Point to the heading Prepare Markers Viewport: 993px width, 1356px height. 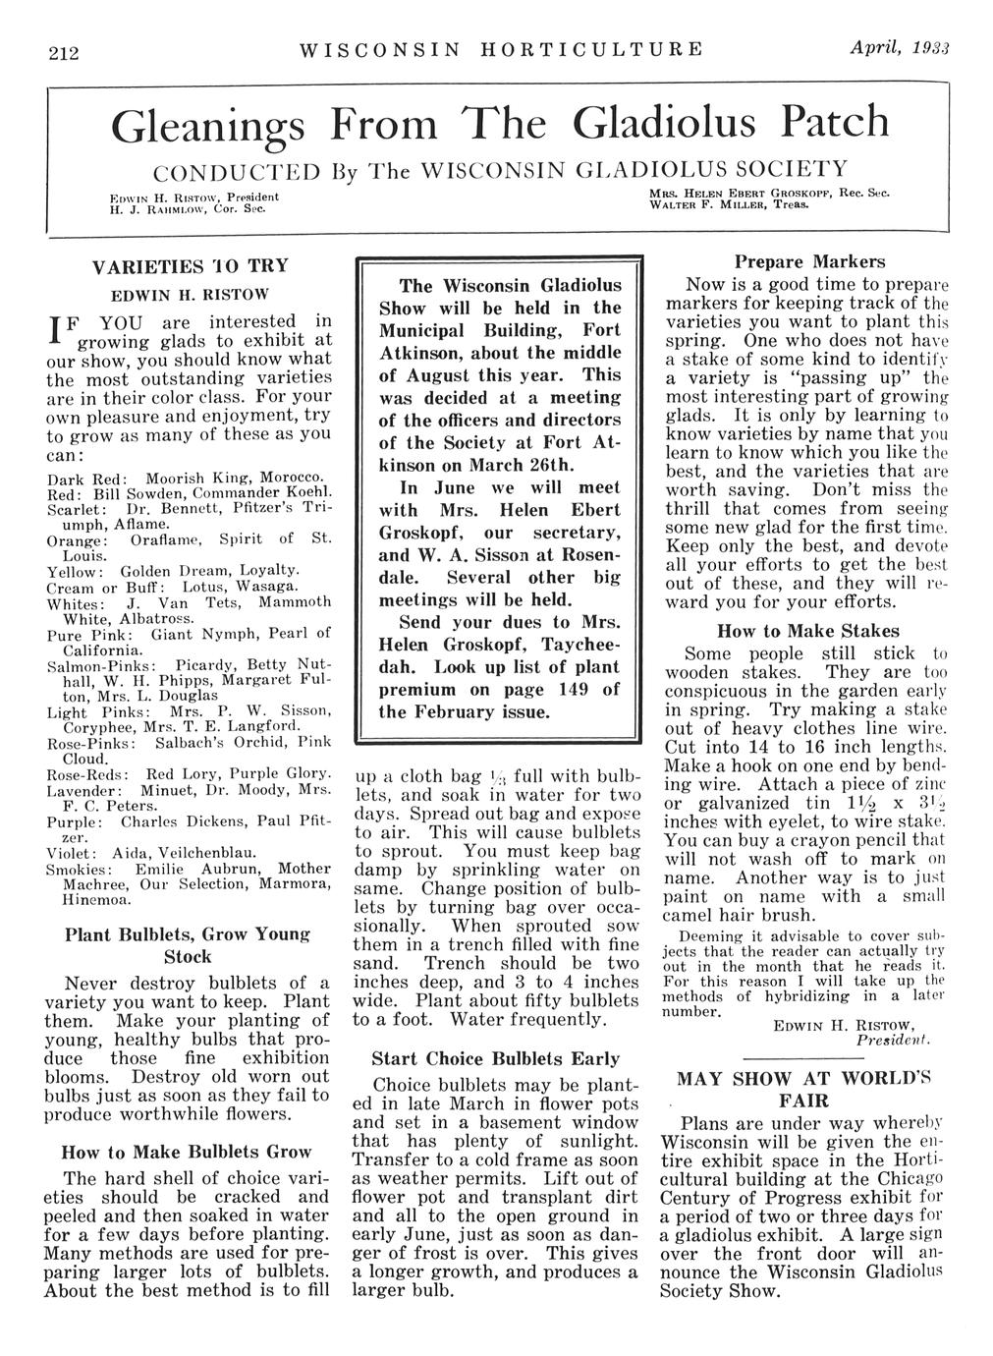pos(808,261)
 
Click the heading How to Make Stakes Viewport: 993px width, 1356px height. pos(807,631)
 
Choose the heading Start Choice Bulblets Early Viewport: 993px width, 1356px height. pos(495,1058)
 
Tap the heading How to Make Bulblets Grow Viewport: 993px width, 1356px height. pos(186,1152)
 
